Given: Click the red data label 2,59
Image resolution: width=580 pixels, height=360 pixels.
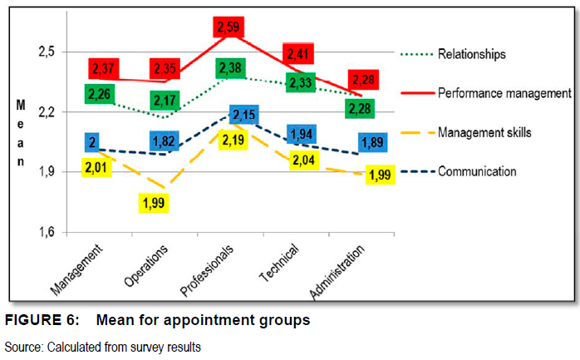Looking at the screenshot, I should pyautogui.click(x=228, y=28).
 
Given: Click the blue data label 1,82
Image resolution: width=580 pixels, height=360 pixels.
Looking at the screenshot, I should pyautogui.click(x=164, y=141).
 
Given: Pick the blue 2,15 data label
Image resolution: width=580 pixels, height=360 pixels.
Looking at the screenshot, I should pyautogui.click(x=244, y=115).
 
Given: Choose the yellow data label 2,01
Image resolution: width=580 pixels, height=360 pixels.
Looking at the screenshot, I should pyautogui.click(x=98, y=169).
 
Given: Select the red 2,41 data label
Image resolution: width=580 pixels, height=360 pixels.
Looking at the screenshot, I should pyautogui.click(x=297, y=55).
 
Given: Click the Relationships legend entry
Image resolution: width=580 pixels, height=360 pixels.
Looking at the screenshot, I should pyautogui.click(x=472, y=54).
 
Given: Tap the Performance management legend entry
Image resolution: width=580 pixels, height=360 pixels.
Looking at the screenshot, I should pyautogui.click(x=504, y=92).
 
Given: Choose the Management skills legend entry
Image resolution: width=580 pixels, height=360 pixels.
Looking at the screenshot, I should pyautogui.click(x=484, y=132).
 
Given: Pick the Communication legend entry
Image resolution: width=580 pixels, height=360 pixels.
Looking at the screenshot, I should pyautogui.click(x=477, y=171).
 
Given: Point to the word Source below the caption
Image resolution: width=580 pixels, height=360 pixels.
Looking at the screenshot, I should pyautogui.click(x=22, y=346).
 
